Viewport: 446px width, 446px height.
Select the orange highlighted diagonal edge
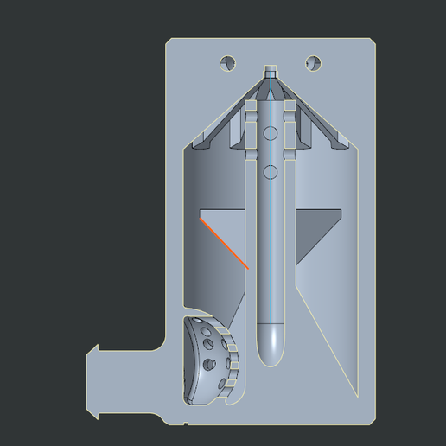pos(225,244)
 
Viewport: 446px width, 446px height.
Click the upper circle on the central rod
pos(271,133)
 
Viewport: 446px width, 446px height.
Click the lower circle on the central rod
pos(271,172)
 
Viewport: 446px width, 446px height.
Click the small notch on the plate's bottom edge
pos(185,423)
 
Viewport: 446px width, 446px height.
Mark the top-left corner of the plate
pos(169,40)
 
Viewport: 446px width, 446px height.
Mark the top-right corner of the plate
pos(375,40)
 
